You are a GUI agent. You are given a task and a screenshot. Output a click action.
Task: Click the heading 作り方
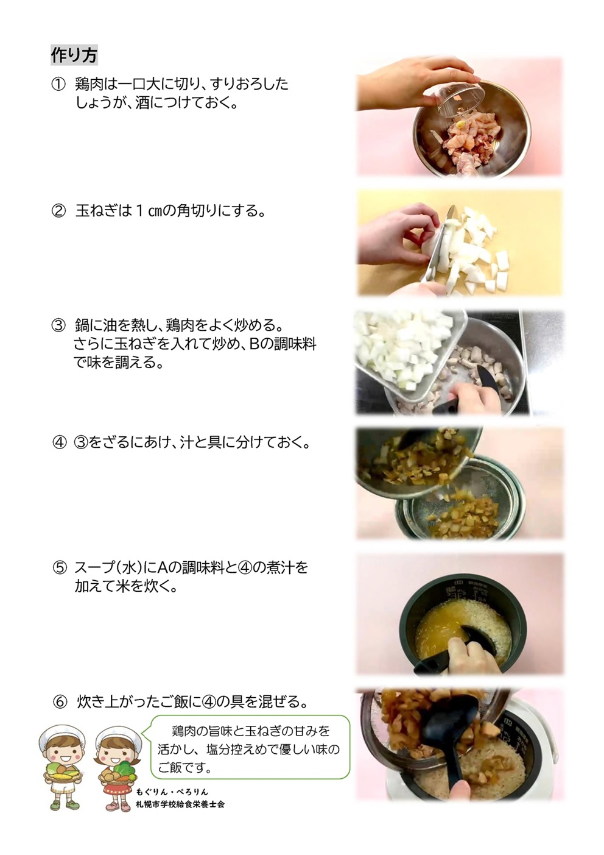tap(74, 55)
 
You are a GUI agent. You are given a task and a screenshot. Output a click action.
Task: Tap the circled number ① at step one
tap(58, 84)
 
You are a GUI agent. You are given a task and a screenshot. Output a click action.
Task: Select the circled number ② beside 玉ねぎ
tap(58, 211)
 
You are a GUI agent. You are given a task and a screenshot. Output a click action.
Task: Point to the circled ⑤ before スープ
tap(60, 567)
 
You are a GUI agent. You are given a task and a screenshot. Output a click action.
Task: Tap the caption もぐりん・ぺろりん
tap(172, 792)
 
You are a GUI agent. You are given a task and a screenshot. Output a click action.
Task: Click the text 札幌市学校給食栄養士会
tap(180, 804)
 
